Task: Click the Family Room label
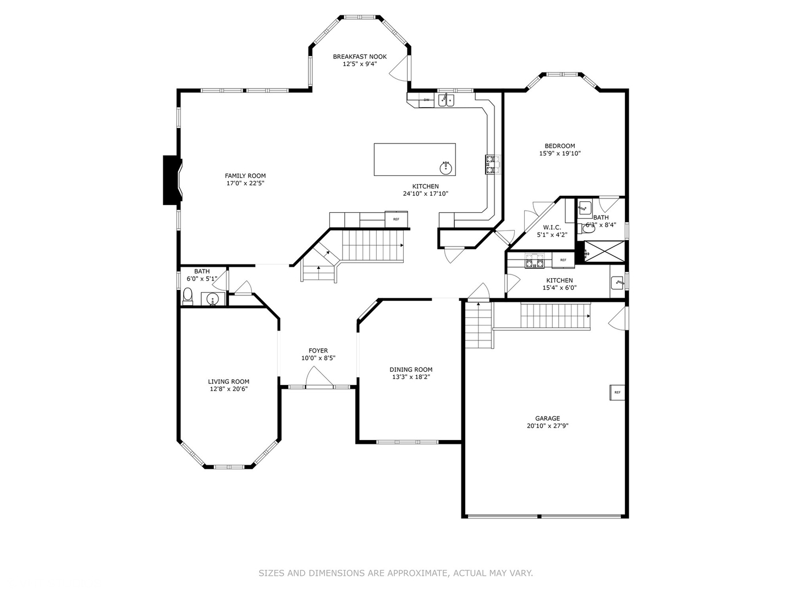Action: point(245,176)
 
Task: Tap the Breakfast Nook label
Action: point(360,57)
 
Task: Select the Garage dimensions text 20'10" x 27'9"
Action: point(547,426)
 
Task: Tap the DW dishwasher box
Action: point(426,100)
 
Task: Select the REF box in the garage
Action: point(617,392)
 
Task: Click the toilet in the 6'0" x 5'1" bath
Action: point(188,296)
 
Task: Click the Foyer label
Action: point(318,351)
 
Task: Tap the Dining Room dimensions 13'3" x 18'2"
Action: point(411,377)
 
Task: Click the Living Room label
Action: point(228,382)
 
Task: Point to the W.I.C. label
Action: point(552,227)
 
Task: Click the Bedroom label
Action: point(560,146)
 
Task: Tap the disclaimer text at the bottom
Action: point(395,573)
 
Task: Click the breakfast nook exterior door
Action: point(400,67)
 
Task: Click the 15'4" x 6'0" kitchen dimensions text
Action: point(559,288)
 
